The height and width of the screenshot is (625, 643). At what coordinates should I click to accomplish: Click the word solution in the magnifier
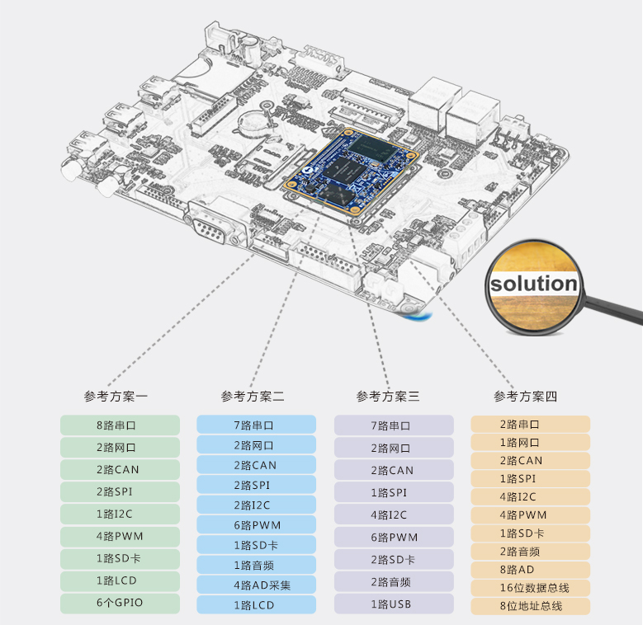click(533, 284)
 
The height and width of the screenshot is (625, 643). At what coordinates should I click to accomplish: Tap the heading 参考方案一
click(116, 397)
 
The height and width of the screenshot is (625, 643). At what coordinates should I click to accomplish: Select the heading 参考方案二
click(253, 397)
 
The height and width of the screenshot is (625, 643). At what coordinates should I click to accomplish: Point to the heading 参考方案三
click(388, 397)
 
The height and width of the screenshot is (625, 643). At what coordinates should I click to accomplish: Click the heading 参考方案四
click(526, 397)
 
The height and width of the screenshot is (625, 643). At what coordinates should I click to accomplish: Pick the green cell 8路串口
click(120, 425)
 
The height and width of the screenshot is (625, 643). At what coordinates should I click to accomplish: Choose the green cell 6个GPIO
click(120, 603)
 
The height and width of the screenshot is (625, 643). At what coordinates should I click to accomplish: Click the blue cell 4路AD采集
click(256, 585)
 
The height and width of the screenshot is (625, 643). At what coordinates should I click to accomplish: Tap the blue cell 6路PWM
click(256, 525)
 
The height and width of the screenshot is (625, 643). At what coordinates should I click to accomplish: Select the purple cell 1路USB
click(394, 604)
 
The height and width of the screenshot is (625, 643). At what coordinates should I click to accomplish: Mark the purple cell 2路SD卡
click(394, 560)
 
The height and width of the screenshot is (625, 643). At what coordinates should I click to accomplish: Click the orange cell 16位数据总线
click(531, 588)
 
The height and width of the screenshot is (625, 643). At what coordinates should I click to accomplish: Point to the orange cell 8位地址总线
click(531, 606)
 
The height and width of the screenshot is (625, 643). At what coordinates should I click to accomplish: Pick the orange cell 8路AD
click(531, 570)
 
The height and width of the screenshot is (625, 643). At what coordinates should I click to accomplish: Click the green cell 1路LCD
click(120, 580)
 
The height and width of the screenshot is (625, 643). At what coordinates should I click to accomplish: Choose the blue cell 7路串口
click(256, 425)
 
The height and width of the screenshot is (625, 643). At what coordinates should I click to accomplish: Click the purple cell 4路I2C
click(394, 515)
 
